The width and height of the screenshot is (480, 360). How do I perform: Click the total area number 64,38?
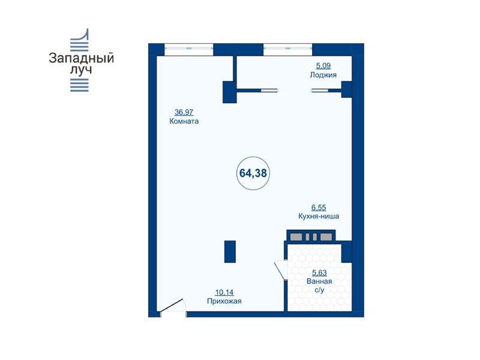[253, 173]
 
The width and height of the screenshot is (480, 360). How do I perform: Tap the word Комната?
[184, 121]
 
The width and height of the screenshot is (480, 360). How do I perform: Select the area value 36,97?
[184, 112]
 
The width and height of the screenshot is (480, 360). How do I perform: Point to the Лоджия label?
[323, 75]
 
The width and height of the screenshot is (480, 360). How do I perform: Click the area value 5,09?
[323, 65]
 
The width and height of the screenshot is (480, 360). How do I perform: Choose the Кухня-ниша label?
[319, 216]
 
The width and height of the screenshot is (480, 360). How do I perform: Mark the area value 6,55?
[319, 207]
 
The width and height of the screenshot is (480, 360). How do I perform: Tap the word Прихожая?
[224, 301]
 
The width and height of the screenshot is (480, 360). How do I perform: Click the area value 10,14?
[224, 292]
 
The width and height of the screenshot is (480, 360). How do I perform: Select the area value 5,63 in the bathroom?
[319, 272]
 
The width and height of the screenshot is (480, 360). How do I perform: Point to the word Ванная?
[319, 281]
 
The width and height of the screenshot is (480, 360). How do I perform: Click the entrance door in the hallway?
[172, 305]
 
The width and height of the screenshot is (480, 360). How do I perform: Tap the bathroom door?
[280, 269]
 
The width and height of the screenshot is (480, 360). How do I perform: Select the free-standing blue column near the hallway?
[230, 251]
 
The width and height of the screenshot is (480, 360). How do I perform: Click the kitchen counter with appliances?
[311, 236]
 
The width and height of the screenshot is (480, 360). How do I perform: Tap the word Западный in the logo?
[82, 58]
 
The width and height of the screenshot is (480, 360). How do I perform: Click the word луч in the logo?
[81, 70]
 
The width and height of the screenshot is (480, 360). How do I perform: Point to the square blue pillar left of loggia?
[230, 92]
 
